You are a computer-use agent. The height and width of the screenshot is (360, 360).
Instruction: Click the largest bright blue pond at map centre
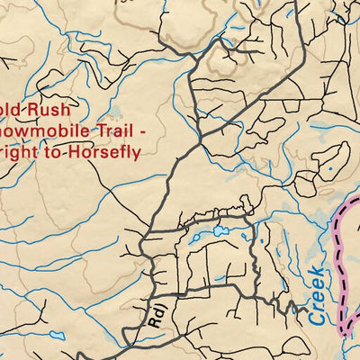coord(220,231)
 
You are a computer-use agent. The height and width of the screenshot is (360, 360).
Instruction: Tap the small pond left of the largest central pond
coord(193,239)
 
